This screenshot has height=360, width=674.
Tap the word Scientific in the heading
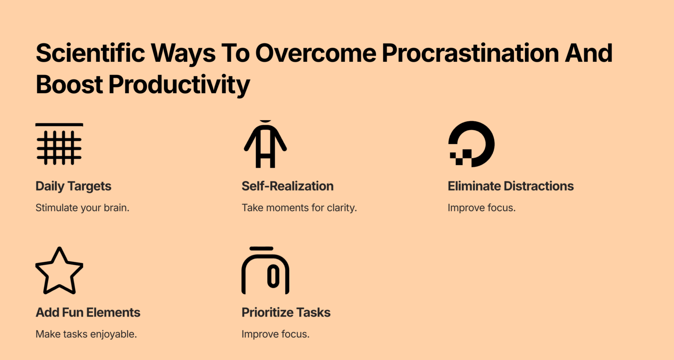90,54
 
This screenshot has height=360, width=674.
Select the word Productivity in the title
179,85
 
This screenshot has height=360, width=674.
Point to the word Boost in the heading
69,85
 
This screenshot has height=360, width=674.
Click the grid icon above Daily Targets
59,144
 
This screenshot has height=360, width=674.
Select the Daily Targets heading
73,186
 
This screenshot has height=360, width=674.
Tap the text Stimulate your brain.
82,208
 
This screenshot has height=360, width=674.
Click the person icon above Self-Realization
265,144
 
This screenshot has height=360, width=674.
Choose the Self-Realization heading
287,186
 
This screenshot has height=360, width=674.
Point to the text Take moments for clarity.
299,208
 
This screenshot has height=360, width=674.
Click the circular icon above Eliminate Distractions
472,144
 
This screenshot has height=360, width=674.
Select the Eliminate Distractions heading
510,186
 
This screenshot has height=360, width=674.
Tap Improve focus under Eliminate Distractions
481,208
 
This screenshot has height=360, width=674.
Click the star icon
59,271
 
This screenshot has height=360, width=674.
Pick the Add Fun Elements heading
88,313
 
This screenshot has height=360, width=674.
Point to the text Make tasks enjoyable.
86,334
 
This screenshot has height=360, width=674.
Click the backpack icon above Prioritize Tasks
265,271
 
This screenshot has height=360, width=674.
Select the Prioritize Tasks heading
286,313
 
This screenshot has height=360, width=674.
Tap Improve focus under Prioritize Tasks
275,334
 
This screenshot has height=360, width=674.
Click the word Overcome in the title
315,54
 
